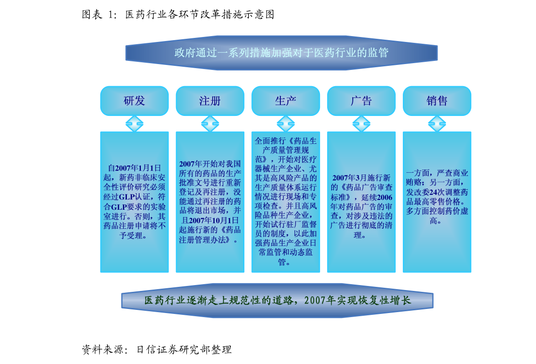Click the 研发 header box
click(x=135, y=101)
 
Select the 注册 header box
click(x=210, y=101)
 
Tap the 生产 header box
click(x=286, y=101)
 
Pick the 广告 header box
click(x=361, y=101)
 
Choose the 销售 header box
click(x=437, y=101)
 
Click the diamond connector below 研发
click(x=135, y=124)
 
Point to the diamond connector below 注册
click(x=210, y=124)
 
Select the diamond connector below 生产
click(x=286, y=124)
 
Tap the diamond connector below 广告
click(x=361, y=124)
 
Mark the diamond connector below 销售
click(x=437, y=124)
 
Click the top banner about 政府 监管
click(x=281, y=53)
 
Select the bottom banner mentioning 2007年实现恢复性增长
click(x=277, y=300)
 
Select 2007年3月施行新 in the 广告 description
click(x=361, y=178)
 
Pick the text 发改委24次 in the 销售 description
click(x=425, y=192)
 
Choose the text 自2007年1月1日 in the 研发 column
click(x=135, y=168)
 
